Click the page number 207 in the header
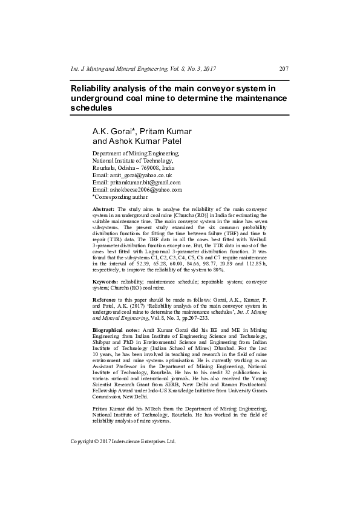(x=284, y=68)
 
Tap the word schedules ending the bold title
(x=91, y=108)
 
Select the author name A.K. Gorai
(x=113, y=131)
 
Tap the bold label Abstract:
(x=103, y=209)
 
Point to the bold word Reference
(x=104, y=300)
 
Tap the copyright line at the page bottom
(x=123, y=441)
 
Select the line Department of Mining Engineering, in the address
(x=136, y=154)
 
